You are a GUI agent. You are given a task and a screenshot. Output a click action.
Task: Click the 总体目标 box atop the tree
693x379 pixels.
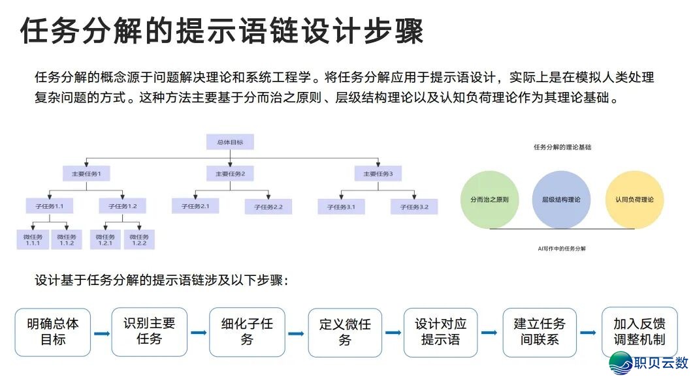(230, 142)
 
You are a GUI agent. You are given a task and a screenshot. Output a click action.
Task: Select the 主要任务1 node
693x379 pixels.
(86, 174)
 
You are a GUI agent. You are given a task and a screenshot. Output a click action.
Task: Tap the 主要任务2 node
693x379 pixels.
(230, 174)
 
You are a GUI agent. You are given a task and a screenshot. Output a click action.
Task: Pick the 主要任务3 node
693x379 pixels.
(378, 174)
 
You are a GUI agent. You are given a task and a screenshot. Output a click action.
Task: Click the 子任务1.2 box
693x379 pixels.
(123, 206)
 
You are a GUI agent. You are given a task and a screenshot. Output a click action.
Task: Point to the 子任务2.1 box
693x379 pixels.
(195, 206)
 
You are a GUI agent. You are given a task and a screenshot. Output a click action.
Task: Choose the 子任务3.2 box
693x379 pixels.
(414, 207)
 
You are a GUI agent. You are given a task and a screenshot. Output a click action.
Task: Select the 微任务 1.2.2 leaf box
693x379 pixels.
(139, 239)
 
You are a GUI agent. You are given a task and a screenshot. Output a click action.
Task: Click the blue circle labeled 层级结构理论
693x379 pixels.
(560, 199)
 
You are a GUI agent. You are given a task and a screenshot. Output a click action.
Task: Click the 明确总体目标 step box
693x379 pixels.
(53, 332)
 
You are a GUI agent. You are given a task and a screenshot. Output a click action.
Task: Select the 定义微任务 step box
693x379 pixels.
(345, 332)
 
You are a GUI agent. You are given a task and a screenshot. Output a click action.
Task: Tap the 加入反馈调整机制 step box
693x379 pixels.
(639, 332)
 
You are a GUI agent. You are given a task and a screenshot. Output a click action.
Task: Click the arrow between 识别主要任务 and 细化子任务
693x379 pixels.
(199, 333)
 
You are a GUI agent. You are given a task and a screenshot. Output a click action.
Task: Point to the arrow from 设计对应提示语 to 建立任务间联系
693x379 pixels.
(489, 333)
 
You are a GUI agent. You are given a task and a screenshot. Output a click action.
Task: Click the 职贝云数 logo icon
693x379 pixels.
(620, 363)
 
